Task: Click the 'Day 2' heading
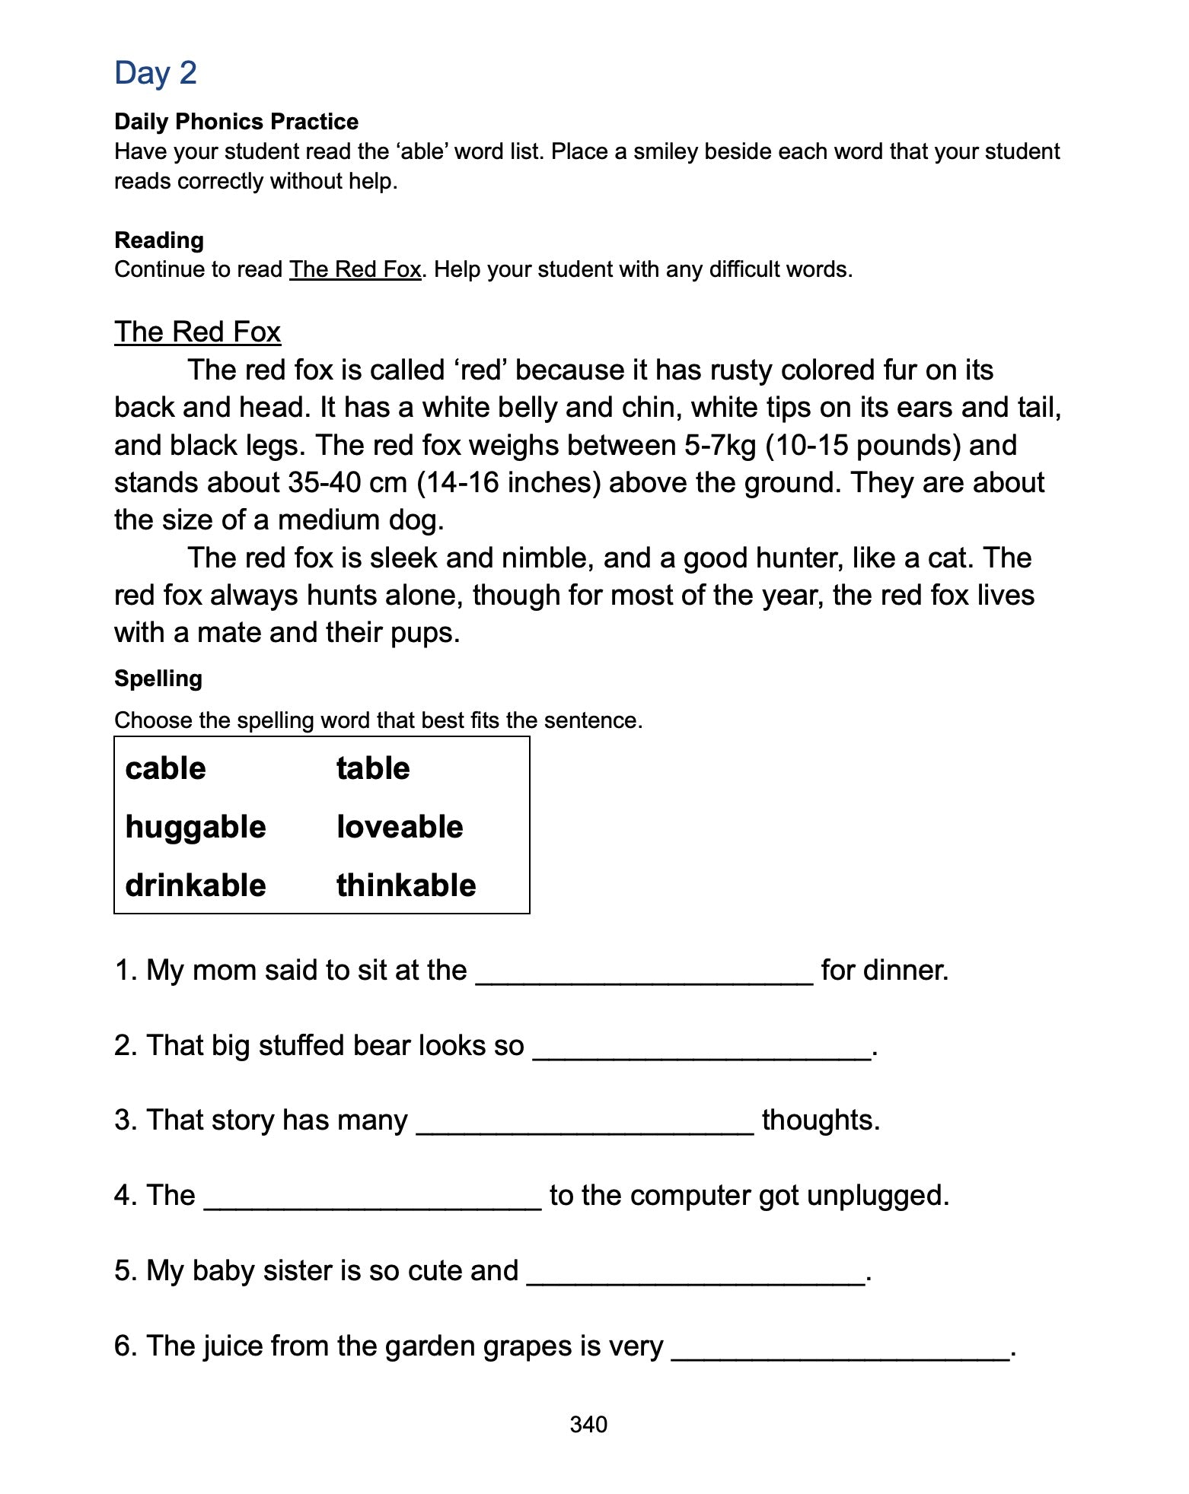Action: click(x=155, y=73)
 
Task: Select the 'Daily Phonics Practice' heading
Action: click(x=236, y=122)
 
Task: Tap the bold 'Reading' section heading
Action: click(x=159, y=240)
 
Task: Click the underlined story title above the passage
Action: click(x=197, y=332)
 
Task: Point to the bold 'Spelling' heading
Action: click(x=158, y=679)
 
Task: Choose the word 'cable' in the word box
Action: click(x=165, y=768)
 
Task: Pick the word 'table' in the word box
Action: click(x=373, y=768)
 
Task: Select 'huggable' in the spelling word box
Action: click(x=196, y=827)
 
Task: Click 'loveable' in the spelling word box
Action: click(x=400, y=827)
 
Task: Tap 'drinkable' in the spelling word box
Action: click(x=196, y=885)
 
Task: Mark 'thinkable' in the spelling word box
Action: click(x=406, y=885)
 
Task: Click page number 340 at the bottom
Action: click(x=588, y=1425)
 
